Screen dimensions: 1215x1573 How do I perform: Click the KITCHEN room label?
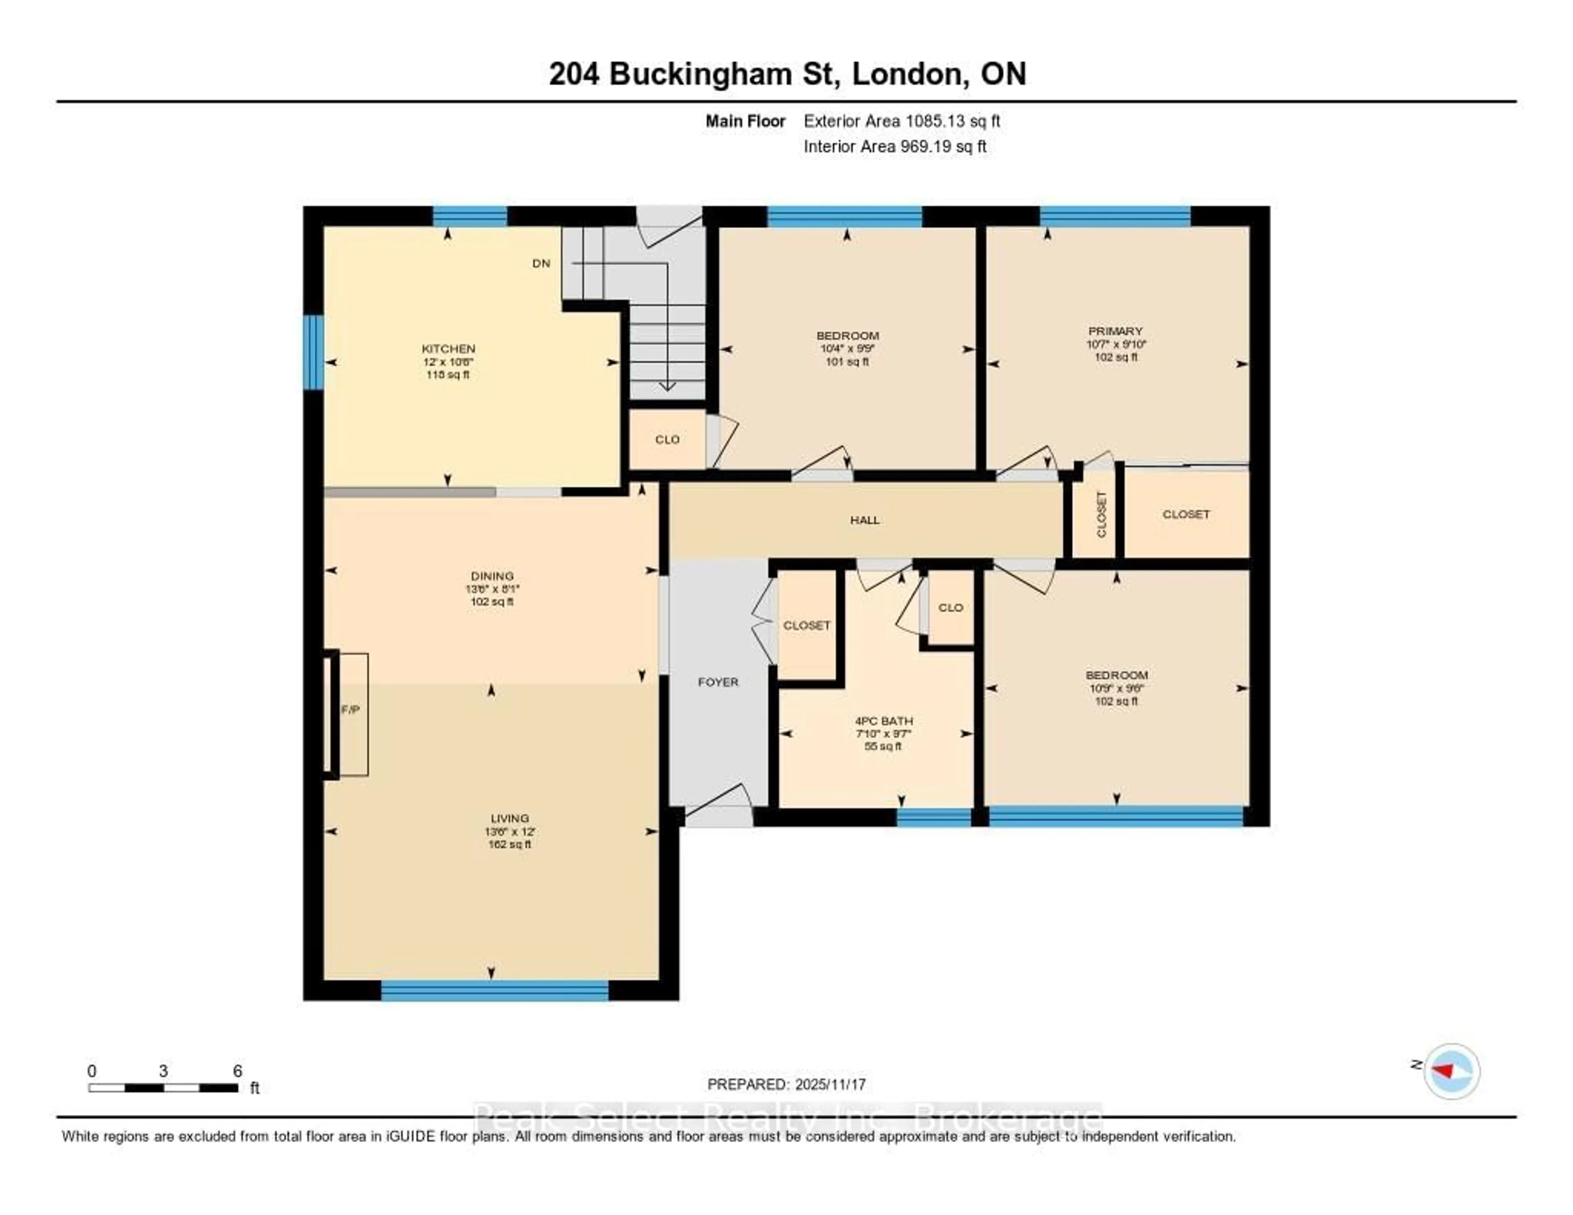point(448,349)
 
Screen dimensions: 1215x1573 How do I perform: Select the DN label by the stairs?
point(541,263)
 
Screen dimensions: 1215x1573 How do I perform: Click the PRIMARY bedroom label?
point(1115,331)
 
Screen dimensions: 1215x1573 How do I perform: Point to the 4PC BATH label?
point(883,721)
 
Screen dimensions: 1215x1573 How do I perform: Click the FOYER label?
point(718,682)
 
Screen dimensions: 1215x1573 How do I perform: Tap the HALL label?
point(864,520)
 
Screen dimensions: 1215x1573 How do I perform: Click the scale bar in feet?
point(163,1088)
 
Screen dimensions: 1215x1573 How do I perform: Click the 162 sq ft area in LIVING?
point(509,844)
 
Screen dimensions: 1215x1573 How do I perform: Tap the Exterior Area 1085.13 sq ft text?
point(902,121)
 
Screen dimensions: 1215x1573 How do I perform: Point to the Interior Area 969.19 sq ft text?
point(895,147)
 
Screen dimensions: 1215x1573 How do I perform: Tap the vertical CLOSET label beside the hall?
point(1101,514)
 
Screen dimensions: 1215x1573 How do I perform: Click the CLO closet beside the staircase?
point(667,439)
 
